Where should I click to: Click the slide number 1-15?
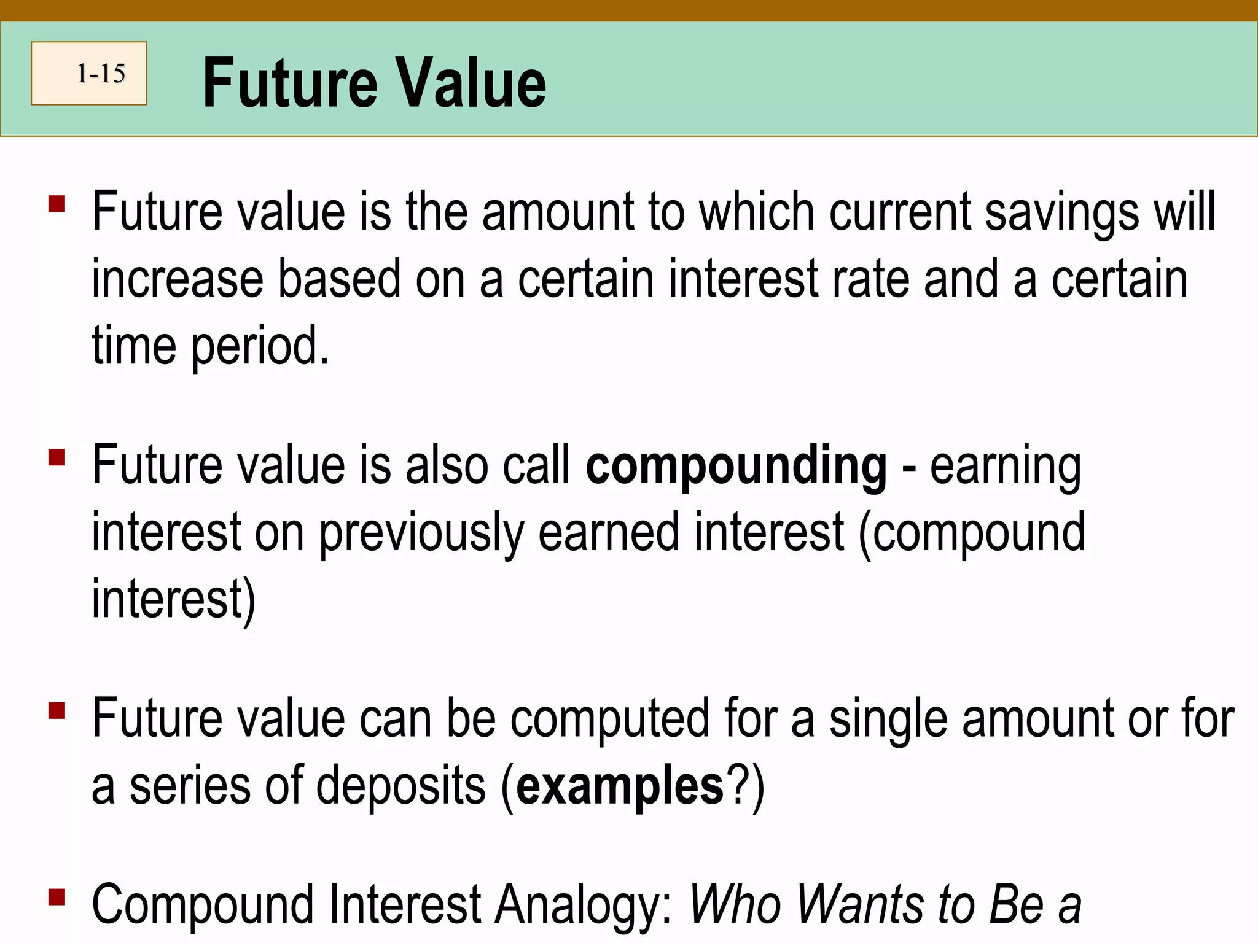(101, 74)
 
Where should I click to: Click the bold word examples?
(620, 786)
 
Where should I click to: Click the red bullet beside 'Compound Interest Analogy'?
(57, 898)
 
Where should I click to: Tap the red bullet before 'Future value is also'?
(57, 457)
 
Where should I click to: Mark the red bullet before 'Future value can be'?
(57, 710)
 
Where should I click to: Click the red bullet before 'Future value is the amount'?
(57, 204)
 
